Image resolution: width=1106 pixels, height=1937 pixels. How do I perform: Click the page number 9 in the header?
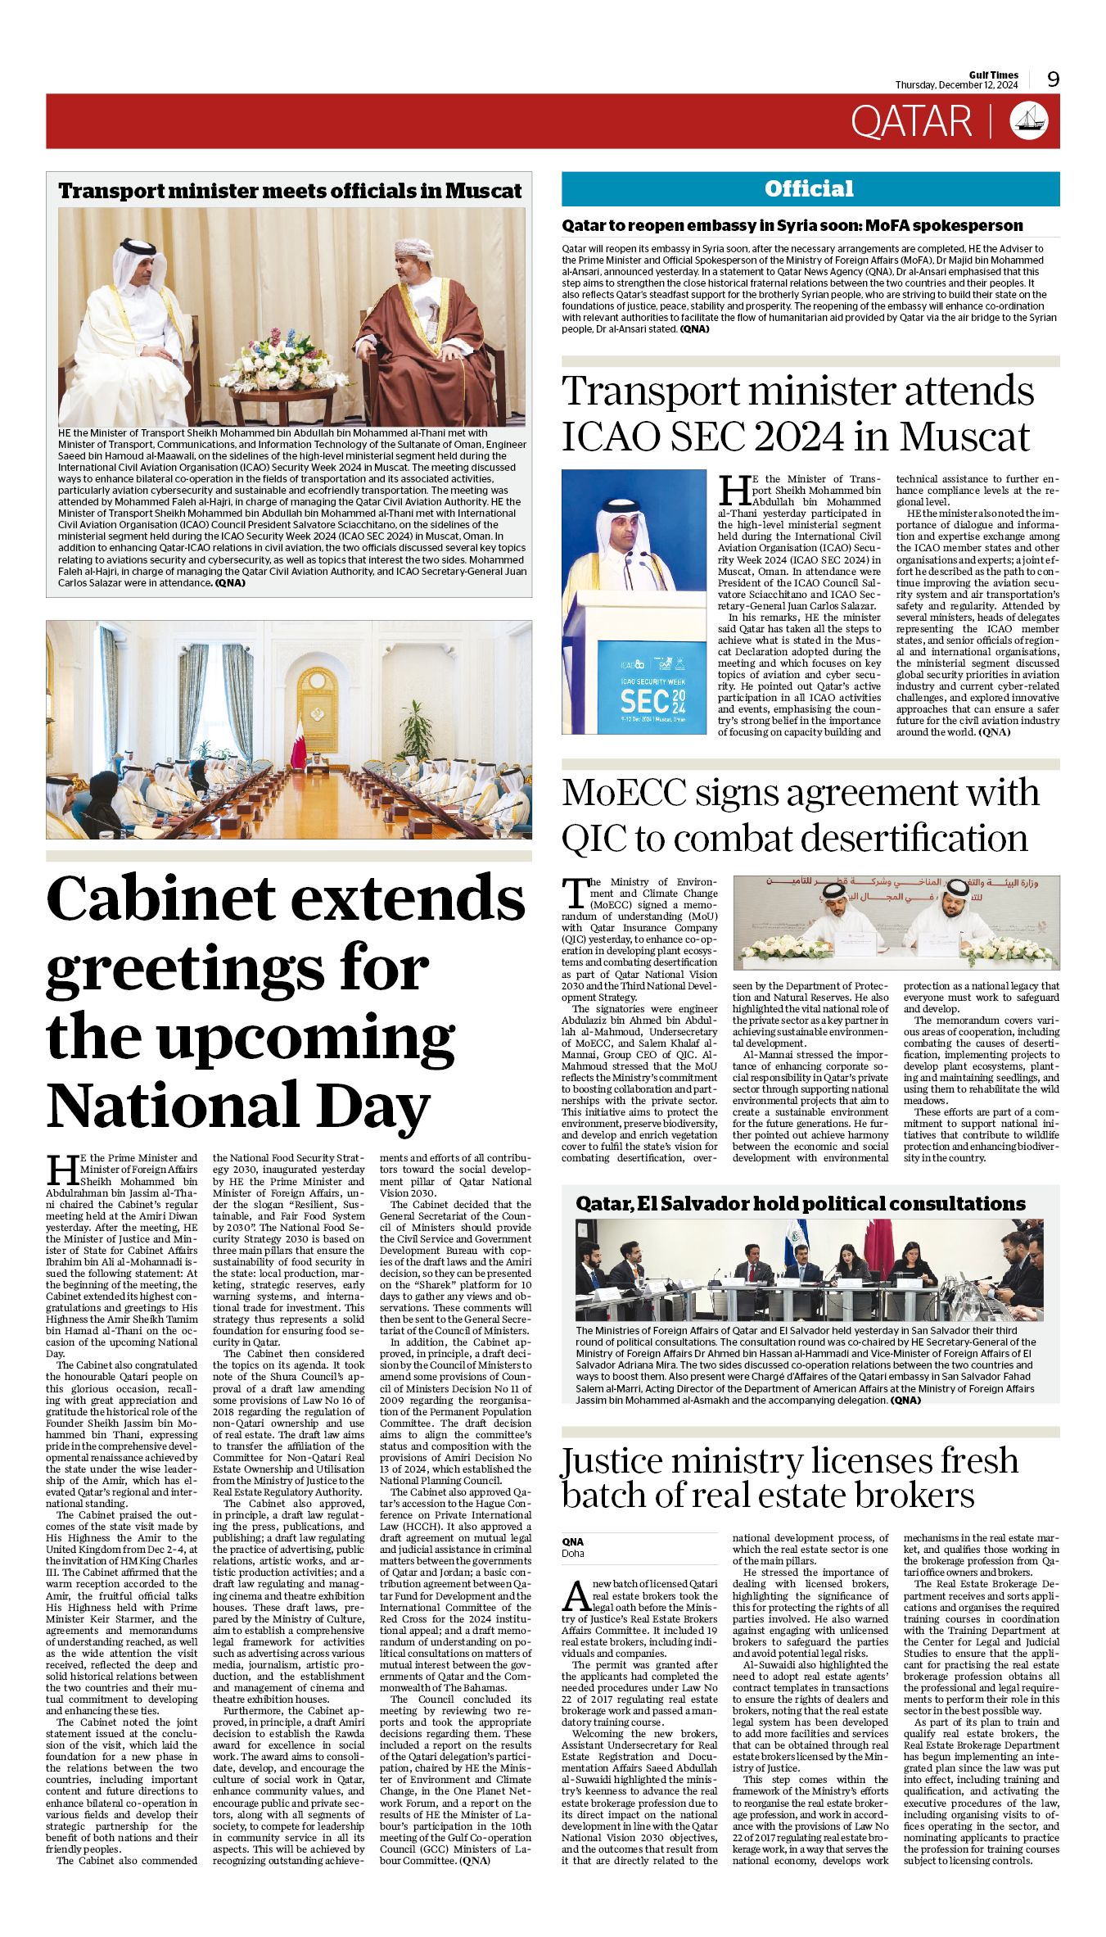point(1053,79)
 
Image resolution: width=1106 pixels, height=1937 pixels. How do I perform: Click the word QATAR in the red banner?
point(910,122)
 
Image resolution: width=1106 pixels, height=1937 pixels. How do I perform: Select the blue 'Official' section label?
point(809,189)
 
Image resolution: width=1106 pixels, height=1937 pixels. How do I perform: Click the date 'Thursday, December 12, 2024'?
point(955,85)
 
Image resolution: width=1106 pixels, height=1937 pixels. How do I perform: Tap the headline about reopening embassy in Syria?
point(792,225)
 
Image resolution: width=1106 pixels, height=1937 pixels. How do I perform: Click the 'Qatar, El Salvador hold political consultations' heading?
point(800,1204)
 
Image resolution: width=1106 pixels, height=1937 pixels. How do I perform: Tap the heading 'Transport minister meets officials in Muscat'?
point(289,191)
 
